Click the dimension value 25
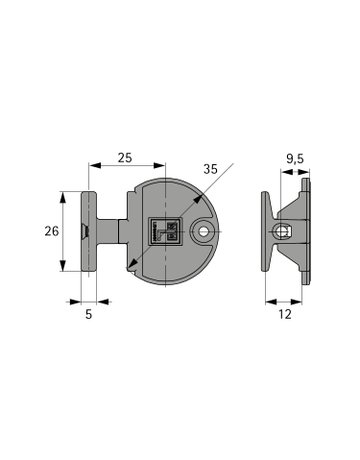pyautogui.click(x=125, y=157)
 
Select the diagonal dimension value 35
pyautogui.click(x=211, y=169)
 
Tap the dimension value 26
pyautogui.click(x=52, y=231)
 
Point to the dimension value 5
pyautogui.click(x=88, y=314)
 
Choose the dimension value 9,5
pyautogui.click(x=295, y=159)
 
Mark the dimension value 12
pyautogui.click(x=285, y=314)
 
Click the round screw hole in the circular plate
pyautogui.click(x=203, y=231)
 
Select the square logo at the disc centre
pyautogui.click(x=165, y=232)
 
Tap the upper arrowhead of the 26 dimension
pyautogui.click(x=62, y=197)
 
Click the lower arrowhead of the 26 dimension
pyautogui.click(x=62, y=265)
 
